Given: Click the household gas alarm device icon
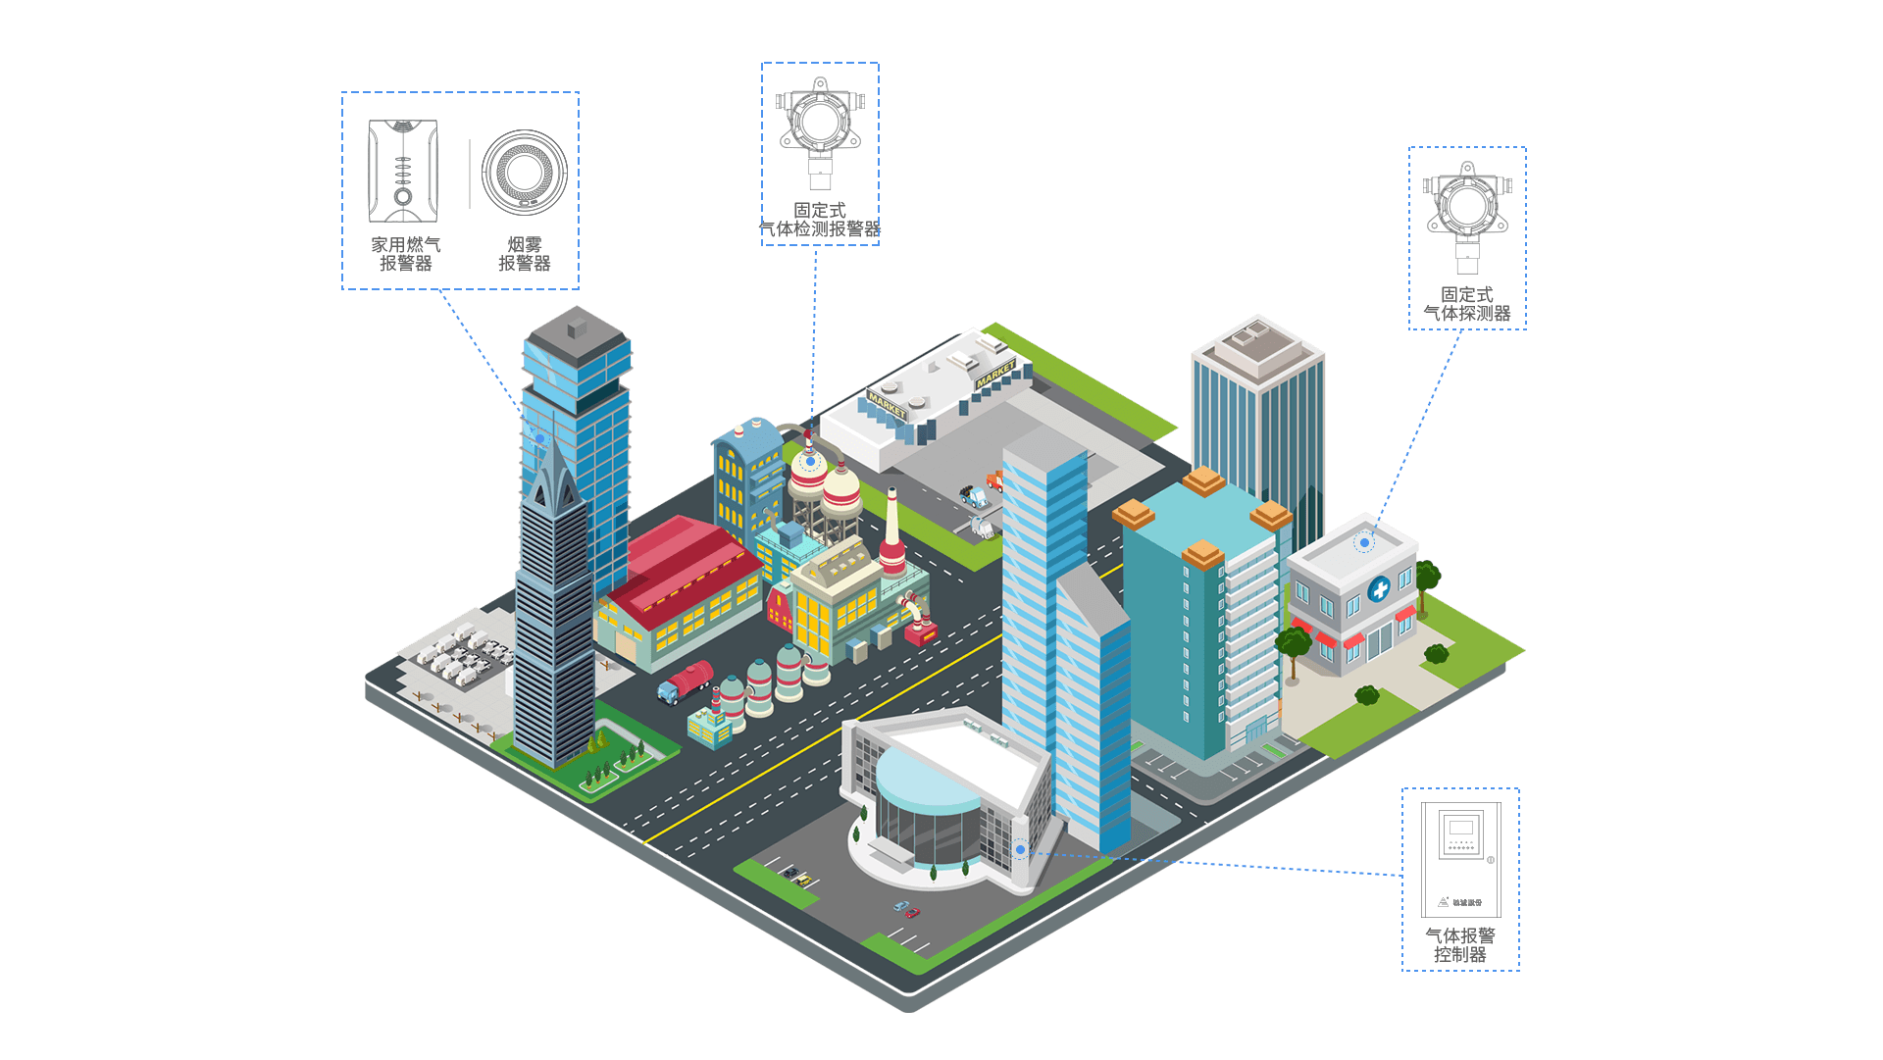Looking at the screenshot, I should pyautogui.click(x=402, y=171).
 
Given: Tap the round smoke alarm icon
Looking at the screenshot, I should pyautogui.click(x=525, y=172).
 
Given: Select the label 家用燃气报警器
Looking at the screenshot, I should pyautogui.click(x=405, y=254).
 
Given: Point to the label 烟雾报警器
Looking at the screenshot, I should pyautogui.click(x=525, y=254).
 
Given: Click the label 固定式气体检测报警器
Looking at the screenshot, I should pyautogui.click(x=820, y=220).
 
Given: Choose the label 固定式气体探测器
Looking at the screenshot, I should pyautogui.click(x=1467, y=304).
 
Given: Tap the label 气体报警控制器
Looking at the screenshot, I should pyautogui.click(x=1460, y=945).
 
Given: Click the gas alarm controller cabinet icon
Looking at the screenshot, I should pyautogui.click(x=1460, y=859).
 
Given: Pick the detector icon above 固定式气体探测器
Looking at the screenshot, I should pyautogui.click(x=1467, y=216).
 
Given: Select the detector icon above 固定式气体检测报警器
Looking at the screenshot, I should pyautogui.click(x=820, y=132).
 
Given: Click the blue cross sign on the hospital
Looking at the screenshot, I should pyautogui.click(x=1379, y=589).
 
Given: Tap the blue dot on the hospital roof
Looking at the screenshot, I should pyautogui.click(x=1364, y=542).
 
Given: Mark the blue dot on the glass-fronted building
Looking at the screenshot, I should pyautogui.click(x=1020, y=849).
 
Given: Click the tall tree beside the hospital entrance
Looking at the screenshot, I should pyautogui.click(x=1294, y=647).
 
